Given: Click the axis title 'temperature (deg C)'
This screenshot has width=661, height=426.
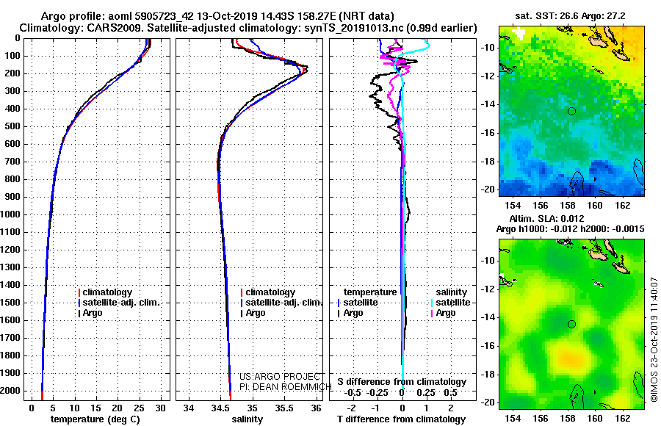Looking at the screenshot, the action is [95, 419].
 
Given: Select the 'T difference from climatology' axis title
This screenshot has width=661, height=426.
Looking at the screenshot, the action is [401, 419].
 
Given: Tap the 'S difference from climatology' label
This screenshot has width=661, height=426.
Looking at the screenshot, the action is [402, 382].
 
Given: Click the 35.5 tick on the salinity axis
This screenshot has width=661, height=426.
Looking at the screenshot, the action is [284, 408].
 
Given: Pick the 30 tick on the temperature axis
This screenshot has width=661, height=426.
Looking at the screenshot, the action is [160, 408].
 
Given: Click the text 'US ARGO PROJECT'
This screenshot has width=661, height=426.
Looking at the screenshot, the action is [280, 376].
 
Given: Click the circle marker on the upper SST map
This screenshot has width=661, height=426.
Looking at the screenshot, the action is [571, 112].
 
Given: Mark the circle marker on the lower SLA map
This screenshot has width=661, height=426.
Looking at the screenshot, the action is [571, 325].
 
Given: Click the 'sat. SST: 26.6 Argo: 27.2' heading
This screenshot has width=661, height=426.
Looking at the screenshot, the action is [570, 16].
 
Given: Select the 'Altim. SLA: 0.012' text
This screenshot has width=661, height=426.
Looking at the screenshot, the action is [546, 218].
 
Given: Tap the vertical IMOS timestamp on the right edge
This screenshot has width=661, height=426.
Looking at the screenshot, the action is [654, 339].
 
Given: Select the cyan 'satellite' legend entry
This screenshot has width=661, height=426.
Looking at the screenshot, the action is [450, 303].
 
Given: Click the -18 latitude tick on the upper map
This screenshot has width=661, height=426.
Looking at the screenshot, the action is [488, 162].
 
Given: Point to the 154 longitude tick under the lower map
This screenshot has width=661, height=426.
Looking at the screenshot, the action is [513, 418].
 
